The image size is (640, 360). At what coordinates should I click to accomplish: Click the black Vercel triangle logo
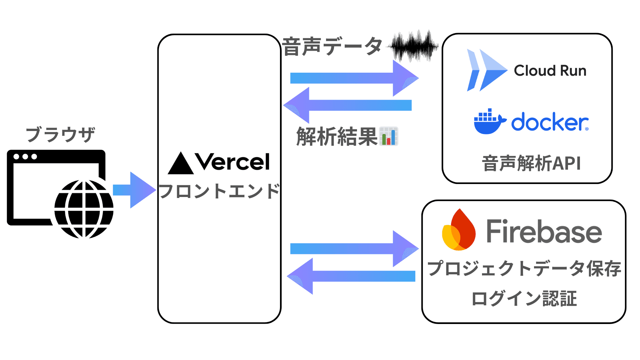coord(181,164)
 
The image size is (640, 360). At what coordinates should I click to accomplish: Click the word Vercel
coord(232,162)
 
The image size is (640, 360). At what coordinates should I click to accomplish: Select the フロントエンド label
coord(219,191)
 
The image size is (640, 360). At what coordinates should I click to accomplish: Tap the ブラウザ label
coord(60,135)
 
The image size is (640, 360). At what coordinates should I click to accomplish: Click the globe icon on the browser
coord(84,209)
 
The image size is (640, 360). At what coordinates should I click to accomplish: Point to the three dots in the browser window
coord(25,157)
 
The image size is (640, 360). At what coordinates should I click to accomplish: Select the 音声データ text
coord(332,47)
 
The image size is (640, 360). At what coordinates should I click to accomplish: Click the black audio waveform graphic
coord(414,46)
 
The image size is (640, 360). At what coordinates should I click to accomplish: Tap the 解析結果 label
coord(337,137)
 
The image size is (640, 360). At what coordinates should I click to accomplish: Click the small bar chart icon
coord(389,136)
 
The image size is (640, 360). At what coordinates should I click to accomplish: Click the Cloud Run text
coord(550,71)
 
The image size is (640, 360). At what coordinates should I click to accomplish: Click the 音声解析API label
coord(531,164)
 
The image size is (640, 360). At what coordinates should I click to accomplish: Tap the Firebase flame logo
coord(459,231)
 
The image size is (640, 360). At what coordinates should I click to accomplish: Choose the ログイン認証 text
coord(524,299)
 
